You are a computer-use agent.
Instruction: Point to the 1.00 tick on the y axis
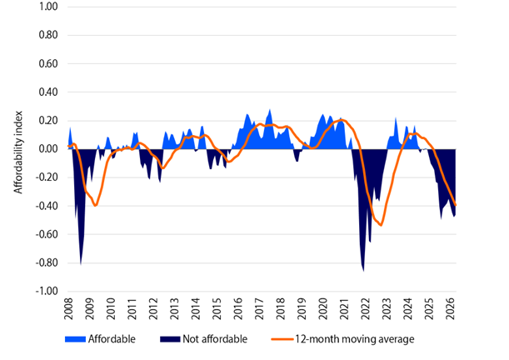(x=46, y=7)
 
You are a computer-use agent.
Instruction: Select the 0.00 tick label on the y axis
(x=46, y=149)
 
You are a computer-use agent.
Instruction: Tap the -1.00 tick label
(x=44, y=292)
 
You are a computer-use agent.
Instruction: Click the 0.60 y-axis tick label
(x=46, y=63)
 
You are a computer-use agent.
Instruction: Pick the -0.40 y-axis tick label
(x=44, y=206)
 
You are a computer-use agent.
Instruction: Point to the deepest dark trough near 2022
(x=363, y=270)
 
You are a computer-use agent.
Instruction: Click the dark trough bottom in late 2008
(x=81, y=264)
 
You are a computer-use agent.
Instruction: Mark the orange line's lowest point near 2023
(x=381, y=224)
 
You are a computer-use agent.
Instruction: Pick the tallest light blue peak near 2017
(x=269, y=110)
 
